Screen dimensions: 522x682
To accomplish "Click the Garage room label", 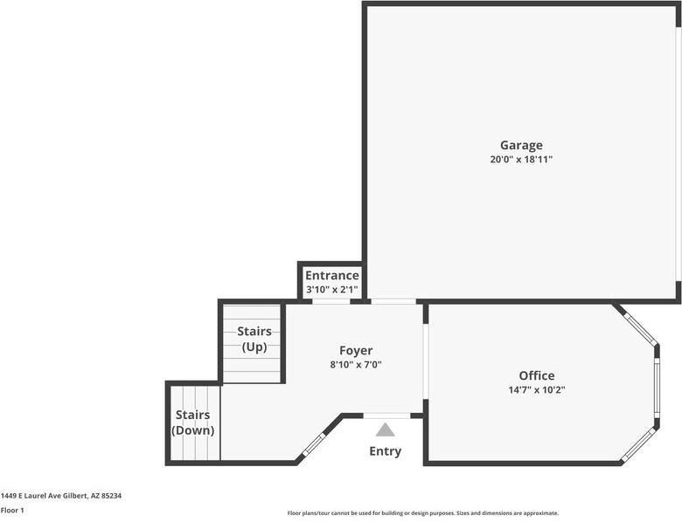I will [x=521, y=146].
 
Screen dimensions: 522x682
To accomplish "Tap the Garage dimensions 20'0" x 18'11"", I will [x=521, y=160].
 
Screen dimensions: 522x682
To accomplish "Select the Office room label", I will [x=536, y=376].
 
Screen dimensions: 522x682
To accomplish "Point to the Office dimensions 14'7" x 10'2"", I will [x=536, y=390].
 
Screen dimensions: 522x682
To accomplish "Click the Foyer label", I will [x=356, y=351].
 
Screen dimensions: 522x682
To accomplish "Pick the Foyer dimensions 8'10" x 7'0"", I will [x=356, y=365].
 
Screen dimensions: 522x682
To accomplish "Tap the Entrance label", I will [x=331, y=276].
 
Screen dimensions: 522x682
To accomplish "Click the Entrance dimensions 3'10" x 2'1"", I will [x=331, y=289].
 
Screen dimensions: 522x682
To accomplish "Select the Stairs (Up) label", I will [x=254, y=339].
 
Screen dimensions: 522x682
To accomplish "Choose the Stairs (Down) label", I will [x=193, y=422].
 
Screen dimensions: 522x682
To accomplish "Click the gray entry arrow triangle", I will [x=385, y=429].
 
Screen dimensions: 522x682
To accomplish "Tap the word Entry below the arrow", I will [x=385, y=451].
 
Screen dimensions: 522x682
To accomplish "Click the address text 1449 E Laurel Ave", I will [x=61, y=496].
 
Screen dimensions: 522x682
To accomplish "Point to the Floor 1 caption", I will [x=12, y=510].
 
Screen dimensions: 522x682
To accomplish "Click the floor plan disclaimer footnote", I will [x=422, y=513].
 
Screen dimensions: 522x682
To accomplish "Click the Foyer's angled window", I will [x=314, y=443].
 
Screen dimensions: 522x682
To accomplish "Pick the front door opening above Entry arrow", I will [x=386, y=416].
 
